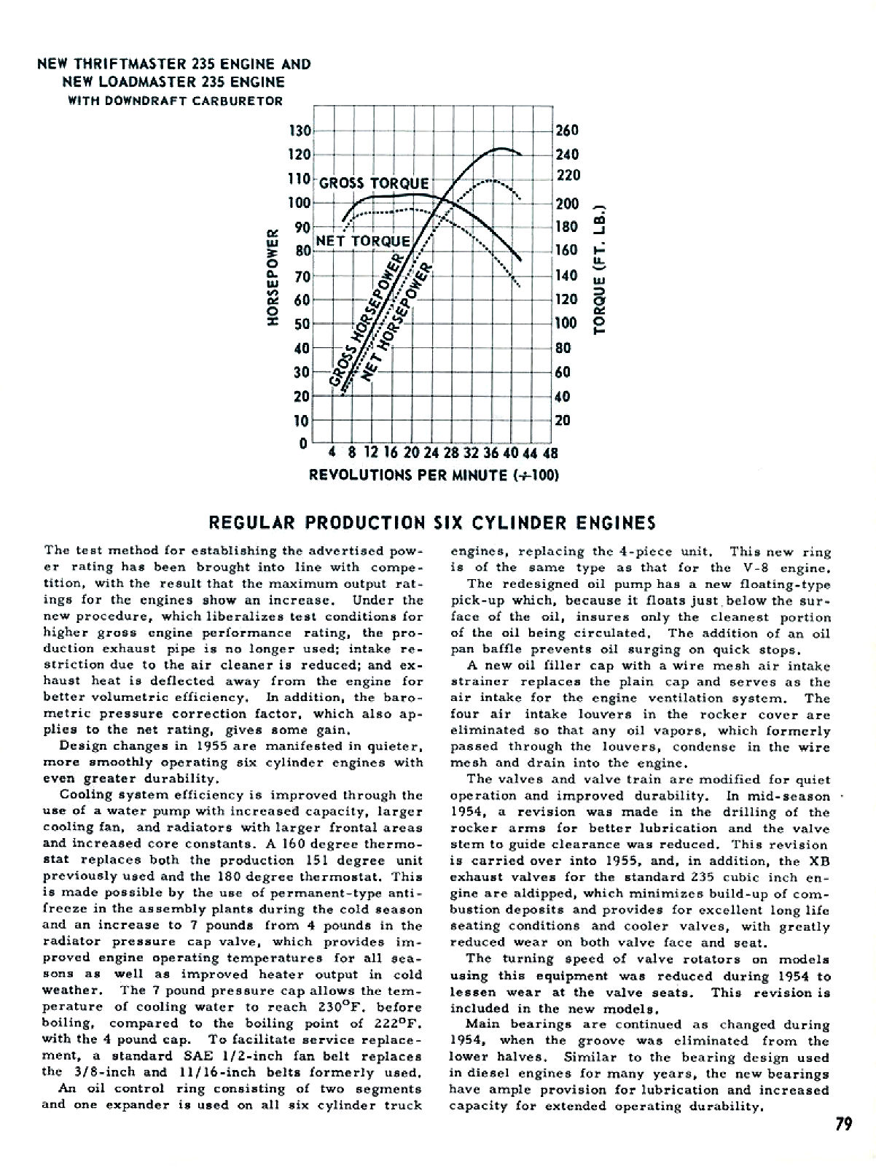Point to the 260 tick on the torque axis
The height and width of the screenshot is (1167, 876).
(x=566, y=131)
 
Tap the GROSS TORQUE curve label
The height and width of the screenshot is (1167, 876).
(x=375, y=183)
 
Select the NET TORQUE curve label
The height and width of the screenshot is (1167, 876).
(x=362, y=241)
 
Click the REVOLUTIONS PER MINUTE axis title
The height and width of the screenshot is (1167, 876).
(x=434, y=476)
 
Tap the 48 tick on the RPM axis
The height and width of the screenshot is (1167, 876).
(x=550, y=452)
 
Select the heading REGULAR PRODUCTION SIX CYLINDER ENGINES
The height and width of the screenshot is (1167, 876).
(x=432, y=523)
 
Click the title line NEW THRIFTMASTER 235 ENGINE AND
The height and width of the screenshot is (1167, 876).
(x=174, y=64)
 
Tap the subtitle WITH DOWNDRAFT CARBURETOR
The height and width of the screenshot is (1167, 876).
(x=175, y=101)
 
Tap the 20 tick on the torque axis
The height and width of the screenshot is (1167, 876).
(x=562, y=420)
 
